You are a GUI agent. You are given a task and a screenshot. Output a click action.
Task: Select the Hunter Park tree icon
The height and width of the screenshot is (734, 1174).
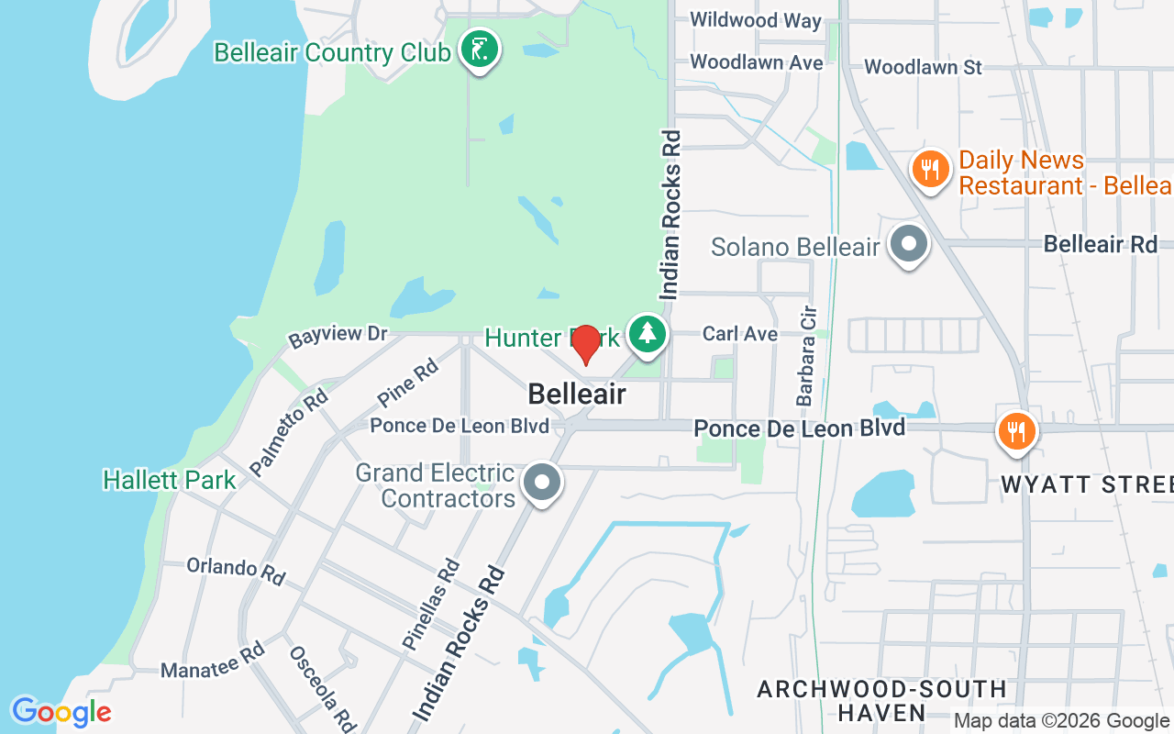pos(648,333)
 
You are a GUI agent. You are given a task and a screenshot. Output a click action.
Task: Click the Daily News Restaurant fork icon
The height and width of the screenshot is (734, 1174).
pos(931,170)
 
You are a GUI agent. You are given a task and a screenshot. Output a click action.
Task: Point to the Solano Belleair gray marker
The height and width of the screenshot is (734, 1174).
pos(910,246)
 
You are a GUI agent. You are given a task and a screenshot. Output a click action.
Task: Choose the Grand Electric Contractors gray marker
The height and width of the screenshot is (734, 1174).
pos(542,482)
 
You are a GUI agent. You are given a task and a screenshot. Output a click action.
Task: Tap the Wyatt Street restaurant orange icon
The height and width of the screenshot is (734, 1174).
pos(1015,430)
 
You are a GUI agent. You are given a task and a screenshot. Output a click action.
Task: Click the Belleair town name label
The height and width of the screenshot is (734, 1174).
pos(577,395)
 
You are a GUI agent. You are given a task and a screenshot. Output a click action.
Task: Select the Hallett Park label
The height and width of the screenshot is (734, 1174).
pos(170,480)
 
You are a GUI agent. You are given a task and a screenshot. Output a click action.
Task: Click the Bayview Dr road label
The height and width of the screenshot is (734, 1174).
pos(338,336)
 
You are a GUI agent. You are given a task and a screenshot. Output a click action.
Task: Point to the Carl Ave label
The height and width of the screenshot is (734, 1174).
pos(740,334)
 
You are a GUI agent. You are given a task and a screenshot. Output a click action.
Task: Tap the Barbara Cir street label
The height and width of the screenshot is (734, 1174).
pos(806,356)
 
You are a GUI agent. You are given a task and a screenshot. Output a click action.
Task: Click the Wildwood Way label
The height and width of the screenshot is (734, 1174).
pos(756,20)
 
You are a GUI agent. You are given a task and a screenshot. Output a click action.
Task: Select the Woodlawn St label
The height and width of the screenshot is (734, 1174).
pos(923,67)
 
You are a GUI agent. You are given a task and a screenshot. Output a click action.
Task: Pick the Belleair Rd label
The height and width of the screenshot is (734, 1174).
pos(1101,244)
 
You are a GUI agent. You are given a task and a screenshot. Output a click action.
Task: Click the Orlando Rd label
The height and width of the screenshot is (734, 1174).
pos(236,570)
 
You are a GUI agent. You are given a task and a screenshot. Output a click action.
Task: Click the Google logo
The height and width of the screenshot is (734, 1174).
pos(61,712)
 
